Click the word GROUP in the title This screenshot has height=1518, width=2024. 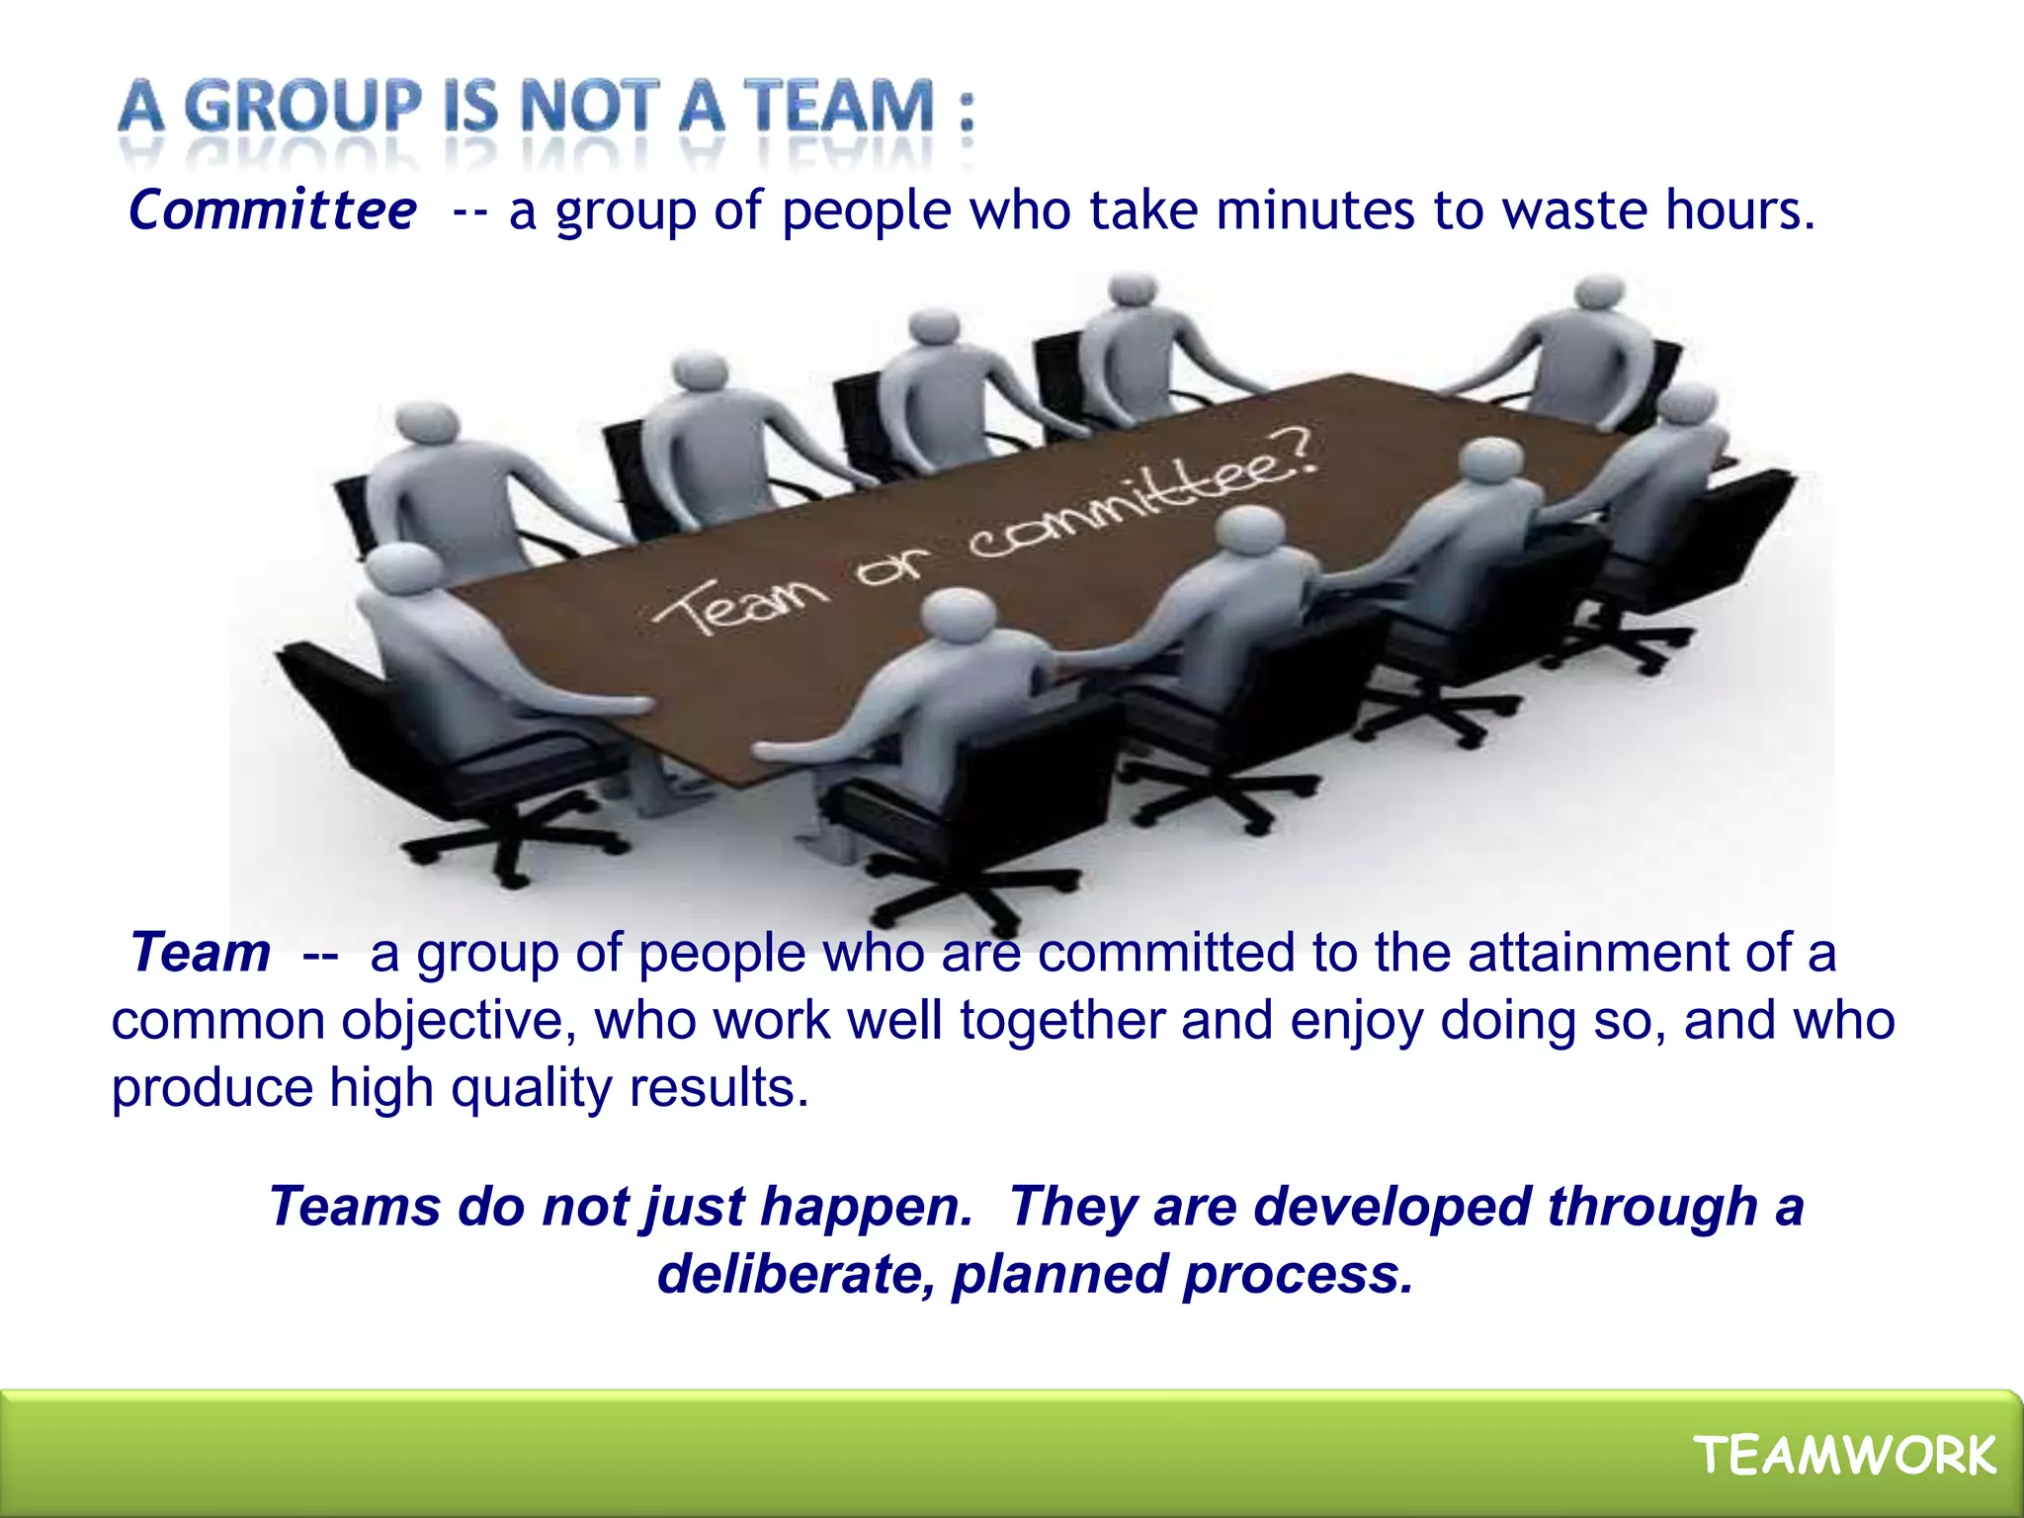click(x=302, y=106)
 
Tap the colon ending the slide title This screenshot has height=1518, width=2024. click(x=966, y=110)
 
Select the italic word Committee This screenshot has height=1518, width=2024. click(x=273, y=211)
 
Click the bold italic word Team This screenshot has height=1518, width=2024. click(x=201, y=953)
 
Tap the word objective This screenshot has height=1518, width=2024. click(x=459, y=1022)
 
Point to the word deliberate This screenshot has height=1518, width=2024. click(x=796, y=1275)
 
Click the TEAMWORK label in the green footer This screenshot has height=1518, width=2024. click(x=1845, y=1456)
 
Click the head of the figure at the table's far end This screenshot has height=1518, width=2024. click(x=1598, y=293)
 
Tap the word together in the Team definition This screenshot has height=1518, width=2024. click(x=1062, y=1022)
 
